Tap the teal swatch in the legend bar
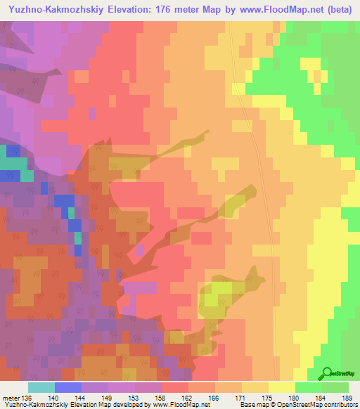[x=41, y=387]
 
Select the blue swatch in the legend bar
[x=67, y=387]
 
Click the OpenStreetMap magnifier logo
[x=326, y=373]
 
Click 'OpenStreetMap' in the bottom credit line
[x=292, y=405]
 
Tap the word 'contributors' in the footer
[x=340, y=405]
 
